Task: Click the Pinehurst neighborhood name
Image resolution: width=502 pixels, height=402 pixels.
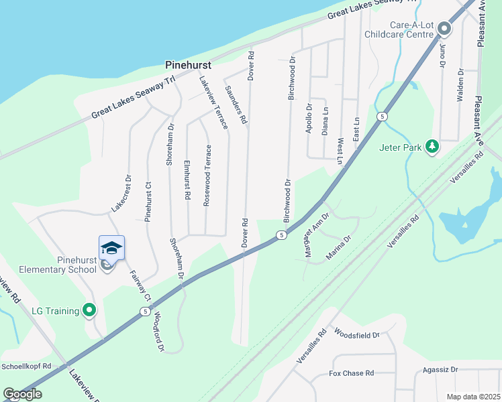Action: coord(188,66)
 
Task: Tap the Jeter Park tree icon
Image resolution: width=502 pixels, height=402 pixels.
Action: coord(433,146)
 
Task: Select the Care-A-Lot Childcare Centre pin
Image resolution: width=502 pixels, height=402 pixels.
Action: coord(444,29)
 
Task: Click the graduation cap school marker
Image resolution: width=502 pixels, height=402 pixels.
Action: coord(111,248)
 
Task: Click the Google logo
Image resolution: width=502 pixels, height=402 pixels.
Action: coord(23,394)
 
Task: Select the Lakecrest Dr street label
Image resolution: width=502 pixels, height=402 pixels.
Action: coord(121,194)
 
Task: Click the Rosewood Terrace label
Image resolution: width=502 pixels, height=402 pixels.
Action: coord(208,175)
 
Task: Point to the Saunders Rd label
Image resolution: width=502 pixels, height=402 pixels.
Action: coord(236,106)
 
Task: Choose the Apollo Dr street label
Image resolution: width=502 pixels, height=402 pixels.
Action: coord(309,118)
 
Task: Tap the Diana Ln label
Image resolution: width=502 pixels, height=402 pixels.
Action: coord(325,121)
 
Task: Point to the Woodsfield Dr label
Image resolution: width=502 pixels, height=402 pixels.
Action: coord(356,334)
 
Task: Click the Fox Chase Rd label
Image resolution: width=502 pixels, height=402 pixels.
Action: coord(351,373)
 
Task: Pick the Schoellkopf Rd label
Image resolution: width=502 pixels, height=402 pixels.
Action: coord(26,366)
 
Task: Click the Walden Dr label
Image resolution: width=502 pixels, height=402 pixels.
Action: coord(461,85)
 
